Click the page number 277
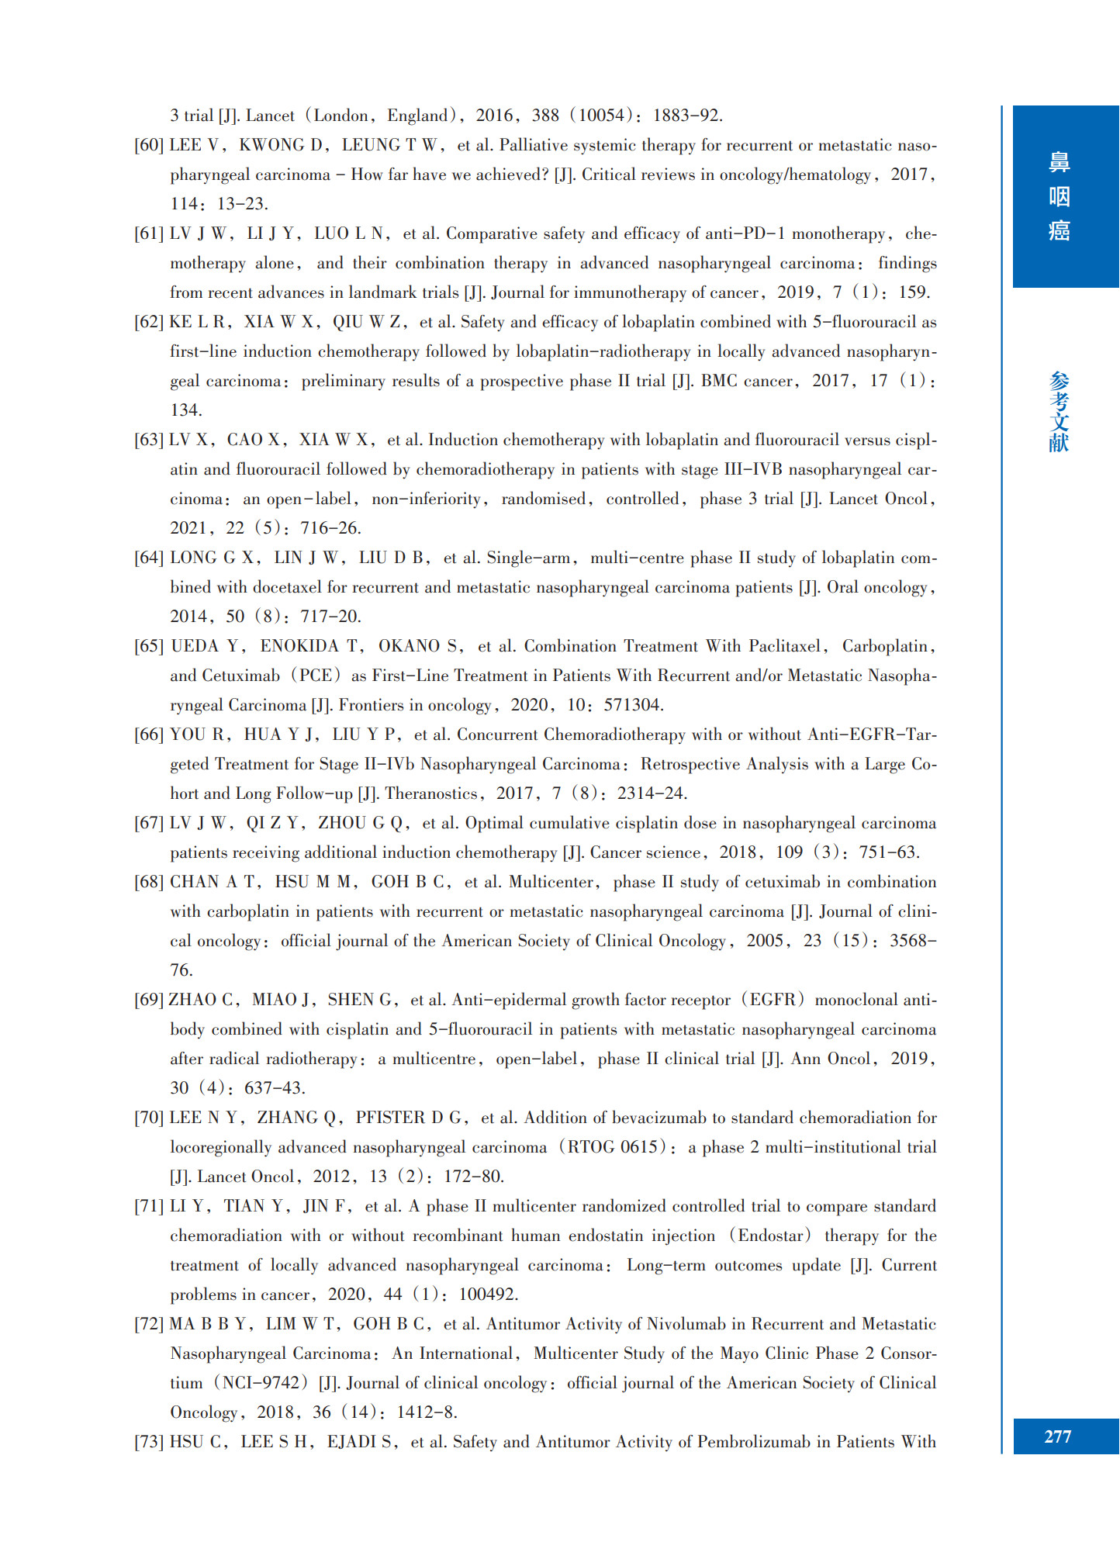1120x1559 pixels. point(1057,1436)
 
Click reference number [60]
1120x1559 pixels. point(149,145)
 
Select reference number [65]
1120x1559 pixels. point(149,646)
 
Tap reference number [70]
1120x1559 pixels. point(149,1118)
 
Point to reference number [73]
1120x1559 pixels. point(149,1442)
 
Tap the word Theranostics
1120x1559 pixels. point(431,793)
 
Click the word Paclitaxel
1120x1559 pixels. point(784,646)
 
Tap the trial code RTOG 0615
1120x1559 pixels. point(613,1147)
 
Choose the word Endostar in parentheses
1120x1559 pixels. point(773,1236)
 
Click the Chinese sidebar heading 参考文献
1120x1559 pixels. point(1059,412)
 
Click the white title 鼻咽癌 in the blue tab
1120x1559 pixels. point(1059,197)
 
